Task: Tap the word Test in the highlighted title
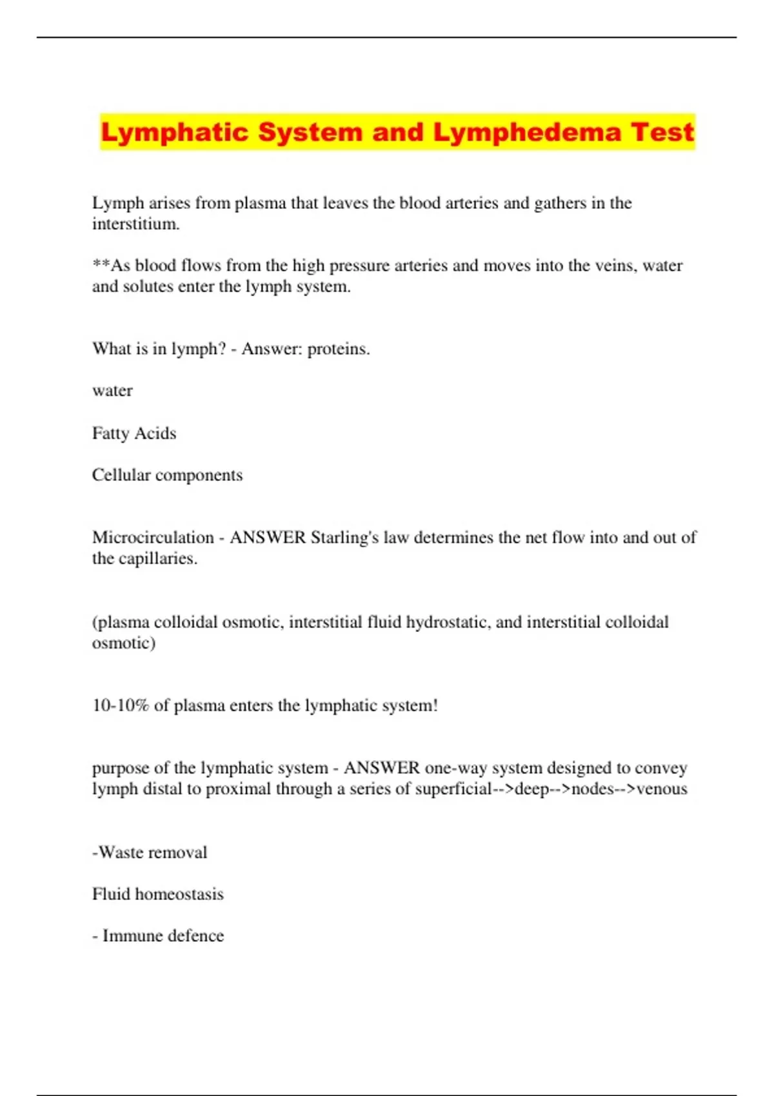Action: point(662,132)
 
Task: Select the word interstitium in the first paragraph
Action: point(135,224)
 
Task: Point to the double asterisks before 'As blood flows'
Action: point(101,265)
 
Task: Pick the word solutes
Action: point(148,286)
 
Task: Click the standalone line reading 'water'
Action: point(112,391)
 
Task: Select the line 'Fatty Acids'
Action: point(134,433)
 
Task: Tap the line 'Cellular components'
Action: point(167,475)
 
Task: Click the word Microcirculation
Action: point(153,538)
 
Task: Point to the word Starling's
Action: point(344,538)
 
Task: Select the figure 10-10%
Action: point(121,705)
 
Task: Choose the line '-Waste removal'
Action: point(150,852)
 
